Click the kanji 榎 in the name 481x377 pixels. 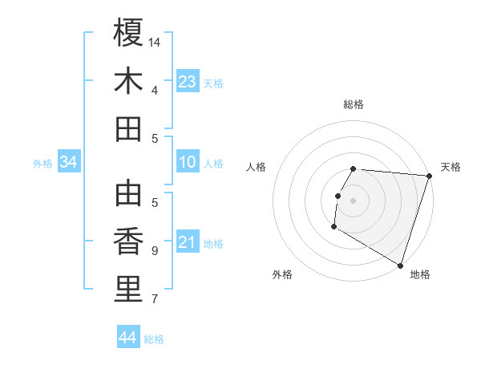point(129,33)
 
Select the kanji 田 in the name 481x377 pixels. point(129,129)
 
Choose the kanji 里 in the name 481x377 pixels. point(129,290)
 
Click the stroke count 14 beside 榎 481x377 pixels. point(156,42)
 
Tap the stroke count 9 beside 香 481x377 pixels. point(155,250)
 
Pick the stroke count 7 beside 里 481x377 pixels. point(155,299)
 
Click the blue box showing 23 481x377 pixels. point(187,81)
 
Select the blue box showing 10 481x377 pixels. point(187,163)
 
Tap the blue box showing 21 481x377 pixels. point(187,243)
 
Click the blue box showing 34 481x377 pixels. point(69,163)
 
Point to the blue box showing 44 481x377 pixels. point(128,338)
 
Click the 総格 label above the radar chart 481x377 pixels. point(354,104)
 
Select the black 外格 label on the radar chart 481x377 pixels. point(282,274)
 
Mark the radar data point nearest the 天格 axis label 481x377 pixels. point(429,176)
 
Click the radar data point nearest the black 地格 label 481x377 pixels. point(400,265)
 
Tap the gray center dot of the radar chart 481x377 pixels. point(353,201)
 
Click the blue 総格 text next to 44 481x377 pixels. point(155,339)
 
